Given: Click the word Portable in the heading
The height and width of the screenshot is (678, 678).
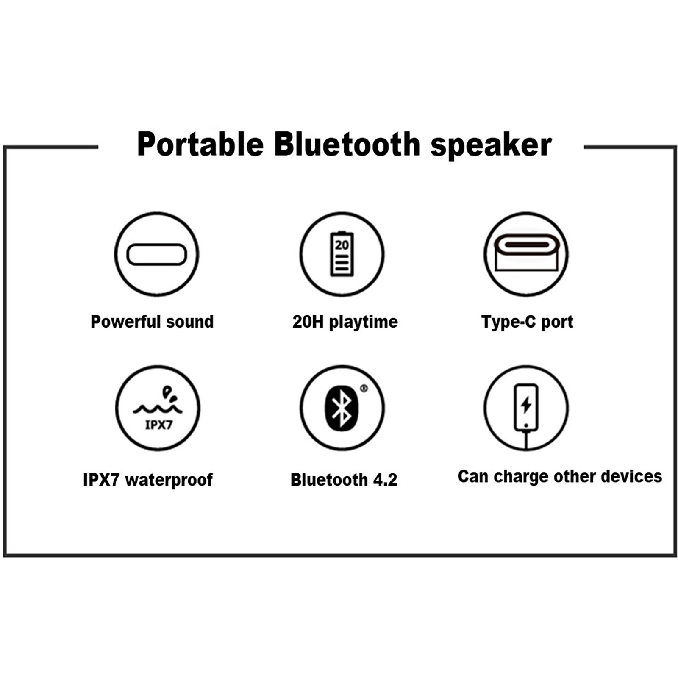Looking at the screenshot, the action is pos(200,144).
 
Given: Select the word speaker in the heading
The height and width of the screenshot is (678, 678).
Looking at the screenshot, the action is pos(491,146).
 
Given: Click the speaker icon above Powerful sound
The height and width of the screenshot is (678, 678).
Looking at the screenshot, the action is pos(157,254).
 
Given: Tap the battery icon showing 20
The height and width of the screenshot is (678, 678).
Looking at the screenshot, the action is pos(342,254).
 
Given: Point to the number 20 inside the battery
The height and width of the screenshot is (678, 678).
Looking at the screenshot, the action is pos(342,245).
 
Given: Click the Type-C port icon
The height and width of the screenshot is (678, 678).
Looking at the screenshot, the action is pos(526,253).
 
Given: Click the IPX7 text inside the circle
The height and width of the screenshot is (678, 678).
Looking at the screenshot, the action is pos(159,425).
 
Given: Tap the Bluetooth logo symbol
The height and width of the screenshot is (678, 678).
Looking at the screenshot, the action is pos(342,408).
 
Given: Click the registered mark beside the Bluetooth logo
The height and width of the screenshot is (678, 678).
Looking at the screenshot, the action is pos(364,388).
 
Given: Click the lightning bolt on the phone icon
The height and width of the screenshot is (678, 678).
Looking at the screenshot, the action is pos(526,405).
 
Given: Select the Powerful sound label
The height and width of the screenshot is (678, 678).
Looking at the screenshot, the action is pos(152,322).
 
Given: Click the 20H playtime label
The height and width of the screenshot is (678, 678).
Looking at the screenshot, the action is pos(345,322).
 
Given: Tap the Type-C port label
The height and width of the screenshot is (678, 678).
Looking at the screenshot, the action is pos(527,322).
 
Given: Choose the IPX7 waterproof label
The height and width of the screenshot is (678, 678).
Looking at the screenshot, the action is pos(148,480).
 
